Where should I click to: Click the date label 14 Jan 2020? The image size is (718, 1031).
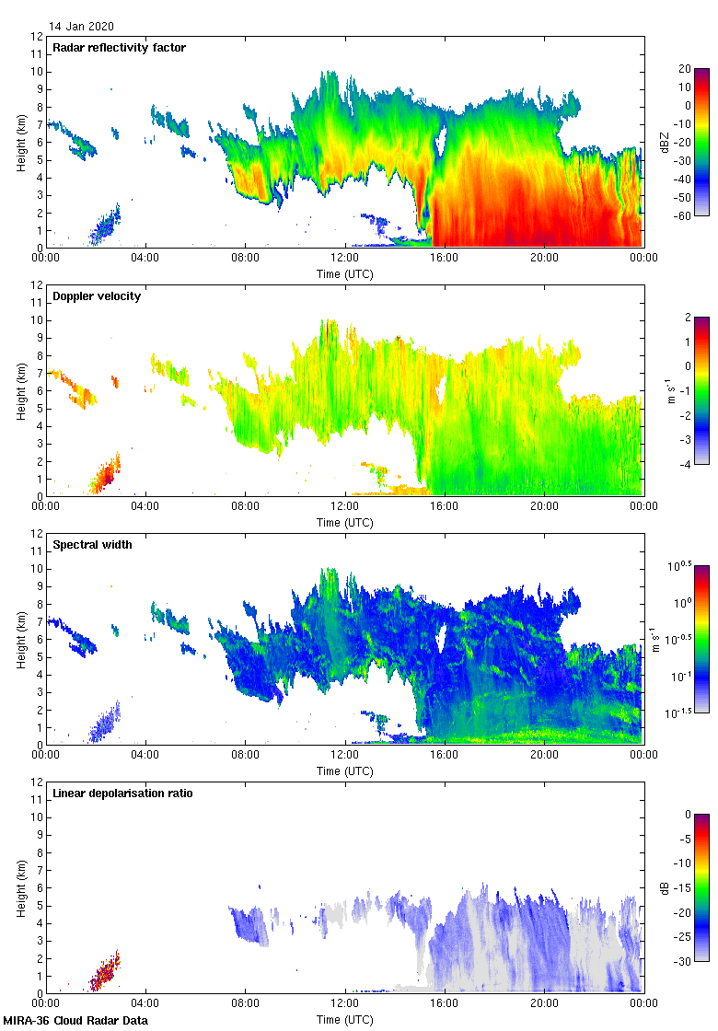pyautogui.click(x=82, y=27)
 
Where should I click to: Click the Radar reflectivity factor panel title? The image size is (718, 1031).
pyautogui.click(x=119, y=47)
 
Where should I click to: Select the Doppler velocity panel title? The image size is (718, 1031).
pyautogui.click(x=97, y=295)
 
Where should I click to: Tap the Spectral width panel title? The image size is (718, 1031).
pyautogui.click(x=92, y=544)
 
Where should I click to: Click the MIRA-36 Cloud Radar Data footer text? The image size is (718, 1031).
pyautogui.click(x=75, y=1020)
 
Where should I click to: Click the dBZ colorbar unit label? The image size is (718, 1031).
pyautogui.click(x=665, y=142)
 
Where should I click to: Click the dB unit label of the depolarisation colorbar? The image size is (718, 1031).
pyautogui.click(x=665, y=887)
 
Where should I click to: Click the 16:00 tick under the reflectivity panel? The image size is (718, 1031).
pyautogui.click(x=445, y=259)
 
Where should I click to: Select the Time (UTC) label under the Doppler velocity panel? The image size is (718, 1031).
pyautogui.click(x=345, y=522)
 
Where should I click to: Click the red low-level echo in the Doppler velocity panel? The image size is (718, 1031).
pyautogui.click(x=104, y=476)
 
